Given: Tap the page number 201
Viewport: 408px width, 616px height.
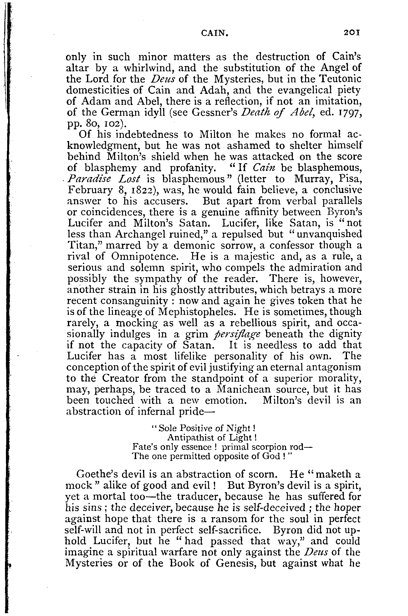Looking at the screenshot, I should (x=352, y=33).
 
